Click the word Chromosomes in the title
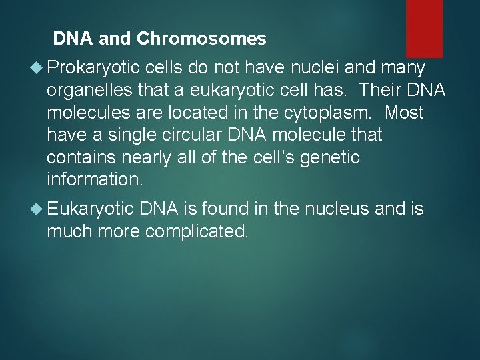pyautogui.click(x=201, y=39)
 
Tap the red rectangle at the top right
pyautogui.click(x=424, y=19)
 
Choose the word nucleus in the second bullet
pyautogui.click(x=337, y=209)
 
